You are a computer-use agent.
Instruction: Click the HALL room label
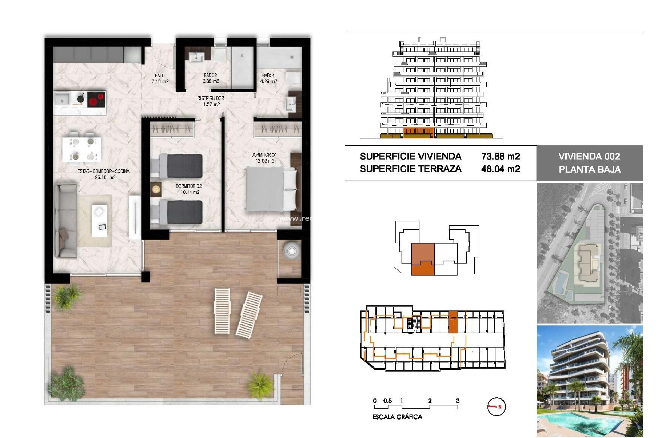point(160,76)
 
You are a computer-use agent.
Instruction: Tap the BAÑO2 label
point(210,75)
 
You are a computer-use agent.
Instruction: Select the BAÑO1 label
point(268,76)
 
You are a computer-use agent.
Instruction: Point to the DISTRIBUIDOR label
point(211,99)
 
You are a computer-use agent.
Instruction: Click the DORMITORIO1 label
point(264,155)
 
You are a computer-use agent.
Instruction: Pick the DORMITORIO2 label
point(189,186)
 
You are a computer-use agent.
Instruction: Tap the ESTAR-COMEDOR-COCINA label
point(103,171)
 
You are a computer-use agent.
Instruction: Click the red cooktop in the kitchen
point(96,100)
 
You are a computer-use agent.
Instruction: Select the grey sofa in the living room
point(66,221)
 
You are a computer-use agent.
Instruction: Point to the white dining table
point(82,149)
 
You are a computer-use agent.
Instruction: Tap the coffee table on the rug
point(99,221)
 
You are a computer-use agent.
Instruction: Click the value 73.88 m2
point(500,157)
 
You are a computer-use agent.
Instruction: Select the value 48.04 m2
point(500,169)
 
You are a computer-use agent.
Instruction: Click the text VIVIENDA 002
point(589,157)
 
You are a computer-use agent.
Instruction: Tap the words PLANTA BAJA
point(589,170)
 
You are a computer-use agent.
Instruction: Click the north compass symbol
point(496,407)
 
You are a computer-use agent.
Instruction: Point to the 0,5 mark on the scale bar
point(388,401)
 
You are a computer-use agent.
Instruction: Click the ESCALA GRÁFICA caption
point(397,417)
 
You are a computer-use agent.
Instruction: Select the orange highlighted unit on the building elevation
point(418,132)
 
